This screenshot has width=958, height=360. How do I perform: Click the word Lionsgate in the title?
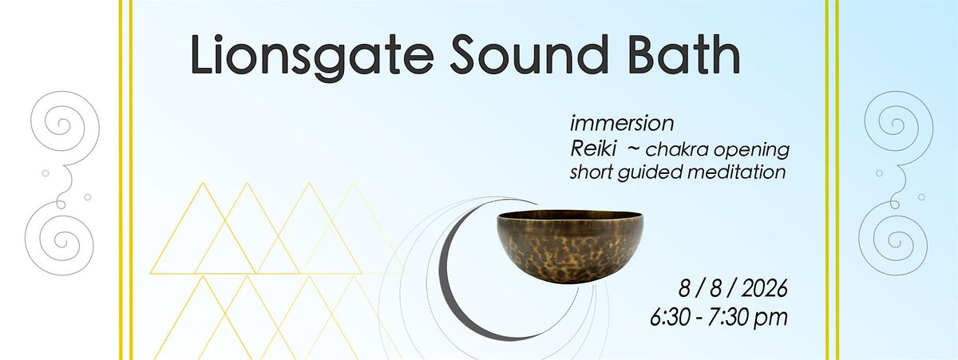(312, 57)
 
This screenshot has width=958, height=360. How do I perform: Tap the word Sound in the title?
(529, 54)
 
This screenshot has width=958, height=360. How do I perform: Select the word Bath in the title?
(684, 54)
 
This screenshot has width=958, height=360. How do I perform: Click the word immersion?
(622, 124)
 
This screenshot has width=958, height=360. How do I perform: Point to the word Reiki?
(593, 148)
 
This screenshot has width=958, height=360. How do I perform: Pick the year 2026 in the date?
(764, 289)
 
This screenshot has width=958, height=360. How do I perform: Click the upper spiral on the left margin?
(65, 121)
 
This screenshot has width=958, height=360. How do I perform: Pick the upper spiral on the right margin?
(899, 121)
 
